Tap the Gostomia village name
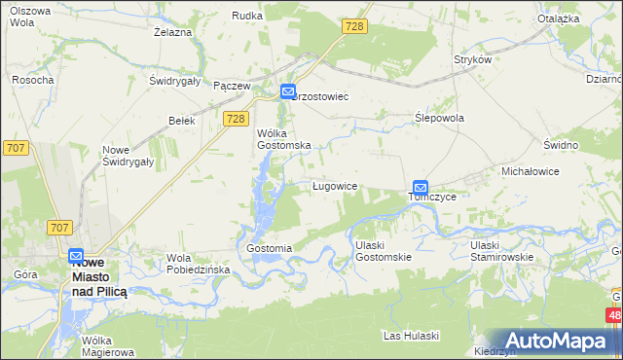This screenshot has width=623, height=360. (x=270, y=248)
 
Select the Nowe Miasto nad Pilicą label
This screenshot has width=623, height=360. (x=105, y=277)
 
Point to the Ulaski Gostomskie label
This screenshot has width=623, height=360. (x=383, y=251)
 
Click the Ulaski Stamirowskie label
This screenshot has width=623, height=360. (x=498, y=251)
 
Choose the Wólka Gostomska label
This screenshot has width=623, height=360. (x=283, y=138)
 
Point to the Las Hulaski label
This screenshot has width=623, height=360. (x=412, y=336)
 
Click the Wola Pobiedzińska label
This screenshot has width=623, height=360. (x=198, y=264)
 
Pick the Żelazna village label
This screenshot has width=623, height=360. (x=171, y=31)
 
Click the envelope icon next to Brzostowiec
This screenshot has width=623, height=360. (x=289, y=91)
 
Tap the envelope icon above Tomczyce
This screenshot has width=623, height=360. (x=421, y=187)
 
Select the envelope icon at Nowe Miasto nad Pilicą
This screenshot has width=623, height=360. (x=76, y=256)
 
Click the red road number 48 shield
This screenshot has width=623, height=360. (x=613, y=316)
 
